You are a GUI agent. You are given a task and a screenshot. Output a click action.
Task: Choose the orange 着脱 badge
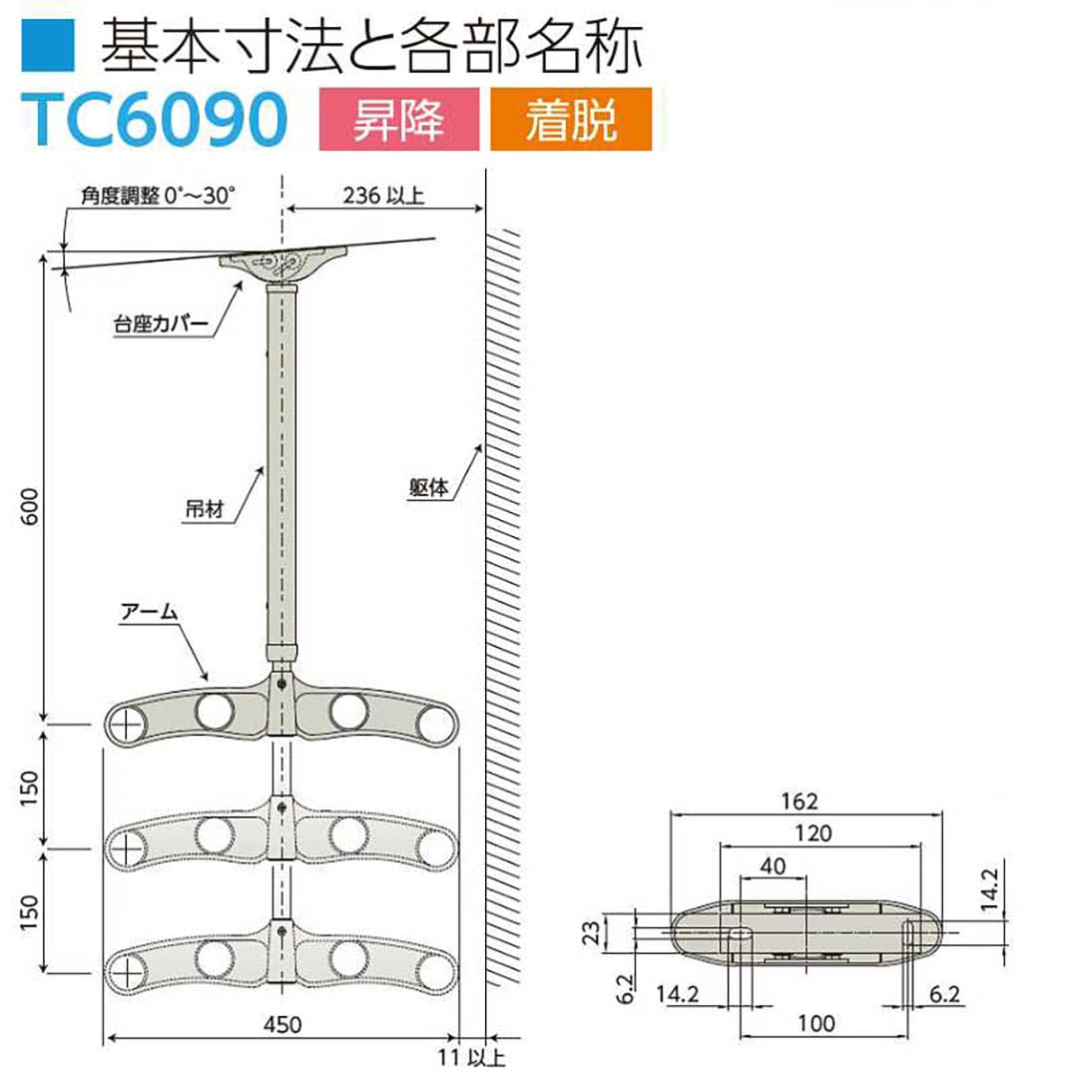pos(570,120)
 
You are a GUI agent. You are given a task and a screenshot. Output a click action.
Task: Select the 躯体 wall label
pos(430,487)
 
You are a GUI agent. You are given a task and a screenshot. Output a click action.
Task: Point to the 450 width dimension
pos(285,1024)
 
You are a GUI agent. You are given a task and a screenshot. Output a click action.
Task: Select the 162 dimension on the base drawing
pos(801,801)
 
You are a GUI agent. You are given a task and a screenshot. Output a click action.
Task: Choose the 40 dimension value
pos(773,865)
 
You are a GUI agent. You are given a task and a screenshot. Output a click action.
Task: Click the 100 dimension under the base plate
pos(817,1024)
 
